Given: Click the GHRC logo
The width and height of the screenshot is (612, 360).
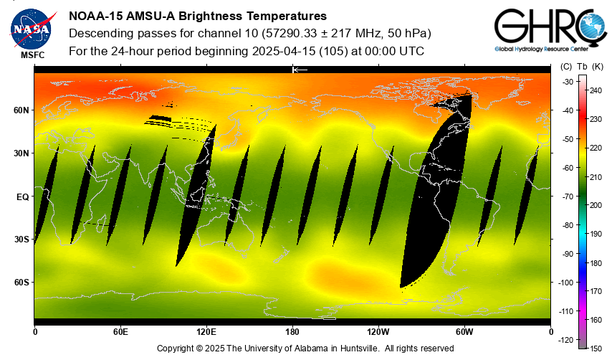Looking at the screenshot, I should point(545,28).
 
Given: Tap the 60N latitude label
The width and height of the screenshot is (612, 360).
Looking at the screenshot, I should point(21,110).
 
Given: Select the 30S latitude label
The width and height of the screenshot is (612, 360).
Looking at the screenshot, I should point(21,240).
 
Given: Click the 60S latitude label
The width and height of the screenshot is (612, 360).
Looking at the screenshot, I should point(21,283).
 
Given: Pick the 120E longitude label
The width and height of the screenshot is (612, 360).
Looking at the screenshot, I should point(206,332).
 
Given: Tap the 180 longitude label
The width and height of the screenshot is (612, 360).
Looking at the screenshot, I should point(292,332).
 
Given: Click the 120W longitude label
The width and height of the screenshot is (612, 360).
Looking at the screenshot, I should point(378,332).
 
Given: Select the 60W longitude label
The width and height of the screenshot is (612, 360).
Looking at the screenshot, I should point(464,332).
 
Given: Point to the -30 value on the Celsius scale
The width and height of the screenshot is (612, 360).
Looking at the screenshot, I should point(566,82).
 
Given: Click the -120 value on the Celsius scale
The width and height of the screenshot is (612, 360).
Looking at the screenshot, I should point(565,339).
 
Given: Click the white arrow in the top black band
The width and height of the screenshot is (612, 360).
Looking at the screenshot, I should point(300,70).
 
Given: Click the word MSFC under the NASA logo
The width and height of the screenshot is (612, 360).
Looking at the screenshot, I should point(32,55).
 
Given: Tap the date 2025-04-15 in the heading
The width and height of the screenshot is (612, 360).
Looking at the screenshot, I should point(285,51).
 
